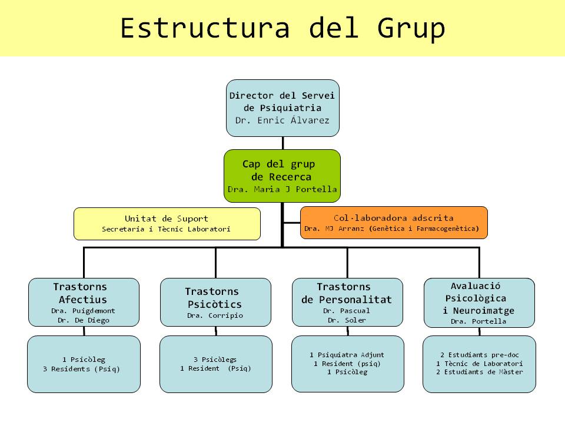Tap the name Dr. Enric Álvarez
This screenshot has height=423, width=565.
[282, 120]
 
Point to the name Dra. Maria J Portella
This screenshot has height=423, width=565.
[282, 190]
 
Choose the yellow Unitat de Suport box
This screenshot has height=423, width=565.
[167, 224]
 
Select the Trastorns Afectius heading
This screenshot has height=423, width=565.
[81, 293]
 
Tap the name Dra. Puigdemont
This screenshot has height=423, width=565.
[83, 311]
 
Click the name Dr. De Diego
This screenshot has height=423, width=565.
[84, 320]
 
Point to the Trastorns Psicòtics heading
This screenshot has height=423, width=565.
[213, 298]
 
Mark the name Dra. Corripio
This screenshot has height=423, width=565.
[215, 315]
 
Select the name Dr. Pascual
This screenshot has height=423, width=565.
[347, 310]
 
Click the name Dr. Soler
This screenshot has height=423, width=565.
[347, 320]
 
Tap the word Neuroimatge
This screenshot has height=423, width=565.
[478, 311]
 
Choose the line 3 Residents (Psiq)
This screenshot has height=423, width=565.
[84, 368]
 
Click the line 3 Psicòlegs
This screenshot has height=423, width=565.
[215, 359]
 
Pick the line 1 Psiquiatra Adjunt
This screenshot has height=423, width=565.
[347, 355]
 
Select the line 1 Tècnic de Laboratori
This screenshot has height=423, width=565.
[479, 364]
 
